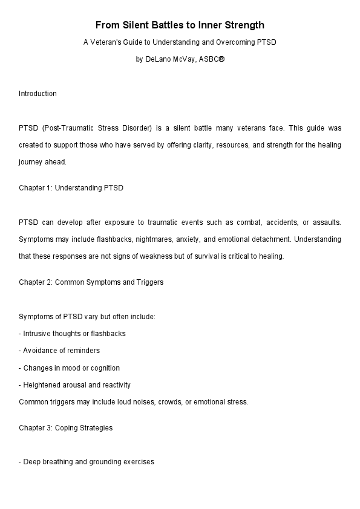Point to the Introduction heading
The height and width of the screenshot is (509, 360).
point(38,94)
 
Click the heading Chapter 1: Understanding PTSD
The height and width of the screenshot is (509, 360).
point(71,188)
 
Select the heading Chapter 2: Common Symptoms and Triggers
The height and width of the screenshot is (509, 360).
point(91,282)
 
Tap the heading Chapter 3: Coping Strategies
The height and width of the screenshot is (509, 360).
point(65,428)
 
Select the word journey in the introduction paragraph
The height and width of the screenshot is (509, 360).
point(31,161)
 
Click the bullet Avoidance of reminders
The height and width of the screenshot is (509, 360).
point(59,351)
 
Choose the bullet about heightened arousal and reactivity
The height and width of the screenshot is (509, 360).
point(74,385)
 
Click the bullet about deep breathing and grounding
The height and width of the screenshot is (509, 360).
point(87,462)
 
